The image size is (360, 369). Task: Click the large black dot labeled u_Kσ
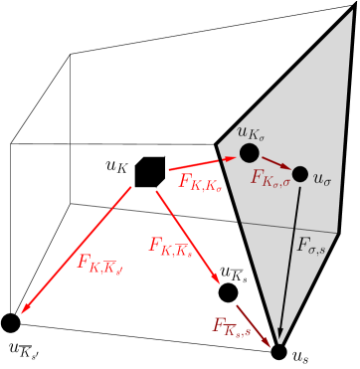coord(250,153)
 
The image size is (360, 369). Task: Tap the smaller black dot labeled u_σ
coord(299,174)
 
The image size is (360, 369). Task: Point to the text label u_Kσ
coord(251,130)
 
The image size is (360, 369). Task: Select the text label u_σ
coord(322,179)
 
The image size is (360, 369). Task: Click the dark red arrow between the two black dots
coord(275,163)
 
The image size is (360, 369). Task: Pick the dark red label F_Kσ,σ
coord(270,179)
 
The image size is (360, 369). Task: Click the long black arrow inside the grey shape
coord(289,259)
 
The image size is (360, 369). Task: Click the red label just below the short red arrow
coord(200,181)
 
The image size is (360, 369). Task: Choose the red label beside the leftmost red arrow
coord(99,264)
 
